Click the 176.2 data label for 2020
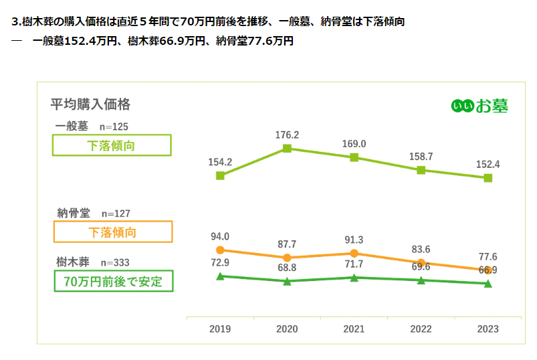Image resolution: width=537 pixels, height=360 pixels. tap(287, 135)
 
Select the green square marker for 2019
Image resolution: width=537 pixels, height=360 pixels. tap(220, 175)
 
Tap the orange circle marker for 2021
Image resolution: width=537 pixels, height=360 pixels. tap(354, 253)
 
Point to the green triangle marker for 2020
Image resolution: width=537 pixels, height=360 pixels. tap(287, 282)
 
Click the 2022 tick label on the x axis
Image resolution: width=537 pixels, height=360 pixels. tap(421, 329)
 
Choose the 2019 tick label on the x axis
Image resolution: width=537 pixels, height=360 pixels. tap(220, 329)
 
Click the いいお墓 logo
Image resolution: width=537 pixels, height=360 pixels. tap(479, 106)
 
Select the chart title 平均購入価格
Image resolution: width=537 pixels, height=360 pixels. tap(90, 104)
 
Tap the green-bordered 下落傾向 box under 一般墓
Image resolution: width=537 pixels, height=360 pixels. tap(112, 145)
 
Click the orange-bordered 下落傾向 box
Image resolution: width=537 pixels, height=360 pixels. tap(112, 232)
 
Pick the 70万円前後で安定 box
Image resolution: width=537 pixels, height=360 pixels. tap(112, 281)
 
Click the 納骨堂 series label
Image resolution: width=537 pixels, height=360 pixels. tap(73, 213)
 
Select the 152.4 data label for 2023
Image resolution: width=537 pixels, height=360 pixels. tap(488, 164)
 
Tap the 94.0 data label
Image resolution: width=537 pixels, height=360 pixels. tap(220, 236)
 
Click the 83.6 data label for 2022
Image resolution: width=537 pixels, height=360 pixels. tap(421, 249)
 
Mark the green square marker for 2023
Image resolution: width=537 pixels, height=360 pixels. tap(488, 178)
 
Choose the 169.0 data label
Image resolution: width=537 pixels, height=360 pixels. tap(354, 144)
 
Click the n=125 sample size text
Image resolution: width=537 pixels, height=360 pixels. tap(114, 126)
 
